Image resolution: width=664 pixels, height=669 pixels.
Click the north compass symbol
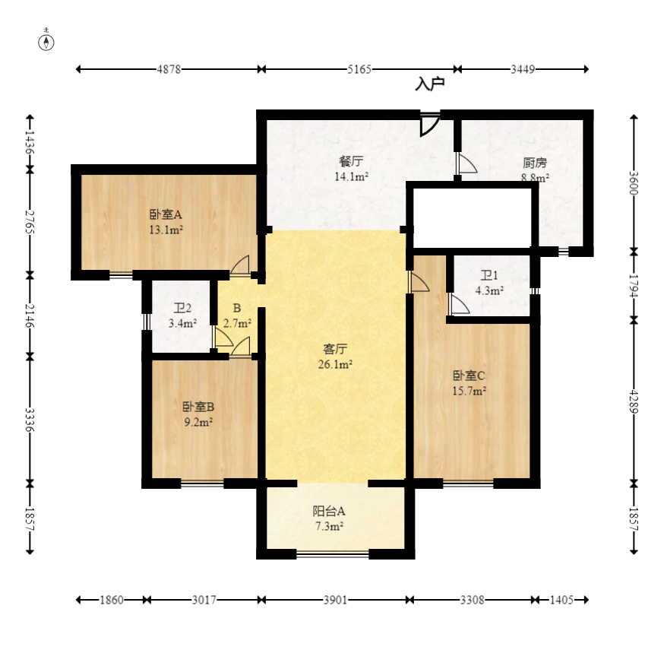point(46,41)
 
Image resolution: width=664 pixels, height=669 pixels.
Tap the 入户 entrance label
point(430,84)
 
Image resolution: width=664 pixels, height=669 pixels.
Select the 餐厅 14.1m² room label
point(351,169)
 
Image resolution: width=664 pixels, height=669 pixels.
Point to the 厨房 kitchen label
point(535,163)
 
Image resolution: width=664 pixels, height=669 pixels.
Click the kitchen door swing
point(466,163)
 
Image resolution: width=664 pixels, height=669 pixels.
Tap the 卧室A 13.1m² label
point(166,222)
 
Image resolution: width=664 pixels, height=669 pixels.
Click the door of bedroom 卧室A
point(239,265)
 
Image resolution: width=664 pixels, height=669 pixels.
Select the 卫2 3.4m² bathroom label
point(182,315)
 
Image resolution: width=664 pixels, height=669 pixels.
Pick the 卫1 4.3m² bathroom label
point(489,283)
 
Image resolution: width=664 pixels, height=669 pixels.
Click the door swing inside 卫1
point(460,304)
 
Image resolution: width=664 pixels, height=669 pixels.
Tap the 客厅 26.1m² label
point(335,357)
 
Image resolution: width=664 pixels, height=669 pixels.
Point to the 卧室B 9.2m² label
point(198,414)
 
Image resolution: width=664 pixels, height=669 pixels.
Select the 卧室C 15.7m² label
point(469,382)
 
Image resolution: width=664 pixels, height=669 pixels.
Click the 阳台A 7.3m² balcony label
point(329,518)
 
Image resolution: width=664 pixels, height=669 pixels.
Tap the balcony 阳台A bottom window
point(333,554)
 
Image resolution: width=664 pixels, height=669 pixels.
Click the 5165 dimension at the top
point(359,69)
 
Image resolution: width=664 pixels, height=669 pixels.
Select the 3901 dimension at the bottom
point(335,601)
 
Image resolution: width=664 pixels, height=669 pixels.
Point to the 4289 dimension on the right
point(634,401)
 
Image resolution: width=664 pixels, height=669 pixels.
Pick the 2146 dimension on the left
point(30,315)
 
